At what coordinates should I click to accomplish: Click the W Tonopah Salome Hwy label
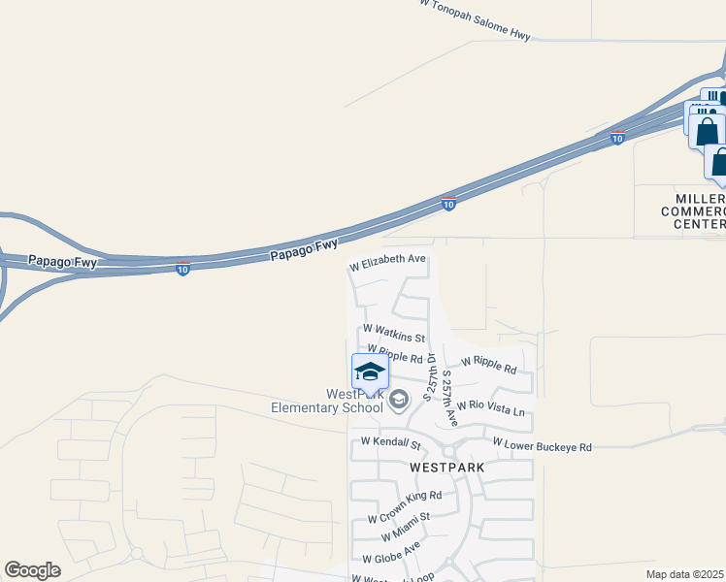point(476,20)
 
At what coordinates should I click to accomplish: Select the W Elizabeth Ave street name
point(388,261)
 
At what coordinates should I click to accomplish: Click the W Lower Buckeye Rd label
point(542,445)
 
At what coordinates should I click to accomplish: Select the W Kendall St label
point(390,443)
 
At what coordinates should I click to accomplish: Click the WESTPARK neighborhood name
point(447,467)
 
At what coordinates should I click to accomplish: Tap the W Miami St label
point(406,527)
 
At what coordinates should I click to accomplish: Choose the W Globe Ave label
point(391,553)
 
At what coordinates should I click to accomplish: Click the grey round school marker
point(398,399)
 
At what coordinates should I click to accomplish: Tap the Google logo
point(32,570)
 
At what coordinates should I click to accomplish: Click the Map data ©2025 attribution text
point(684,574)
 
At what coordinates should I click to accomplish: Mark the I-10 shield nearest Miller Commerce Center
point(617,138)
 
